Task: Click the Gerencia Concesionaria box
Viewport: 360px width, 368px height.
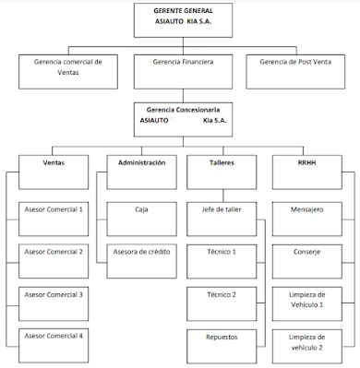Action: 181,115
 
